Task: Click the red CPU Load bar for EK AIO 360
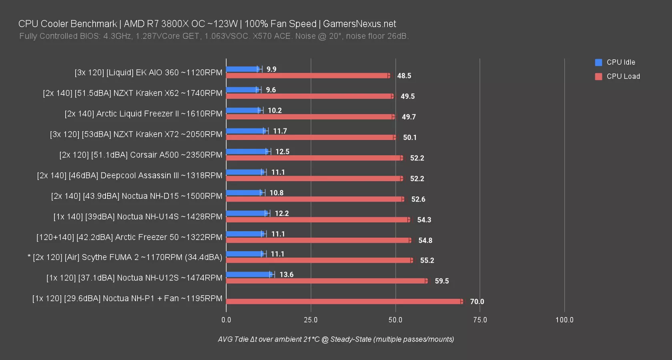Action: pyautogui.click(x=307, y=76)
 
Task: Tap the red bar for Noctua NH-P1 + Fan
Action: pyautogui.click(x=343, y=302)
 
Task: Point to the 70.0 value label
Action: pyautogui.click(x=477, y=302)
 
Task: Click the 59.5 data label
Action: pyautogui.click(x=441, y=281)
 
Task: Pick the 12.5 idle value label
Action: pyautogui.click(x=282, y=152)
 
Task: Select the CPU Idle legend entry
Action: pyautogui.click(x=620, y=62)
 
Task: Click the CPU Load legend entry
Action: pyautogui.click(x=623, y=76)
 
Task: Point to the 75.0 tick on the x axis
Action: pyautogui.click(x=480, y=320)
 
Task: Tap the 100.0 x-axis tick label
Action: pyautogui.click(x=564, y=320)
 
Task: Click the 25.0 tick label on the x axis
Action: pyautogui.click(x=311, y=320)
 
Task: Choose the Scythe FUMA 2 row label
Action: pyautogui.click(x=125, y=257)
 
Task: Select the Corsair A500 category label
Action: pyautogui.click(x=140, y=155)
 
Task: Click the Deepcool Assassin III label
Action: pyautogui.click(x=129, y=176)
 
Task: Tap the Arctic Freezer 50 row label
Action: pyautogui.click(x=129, y=237)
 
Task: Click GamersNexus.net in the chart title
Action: pyautogui.click(x=359, y=24)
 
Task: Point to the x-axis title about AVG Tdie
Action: pyautogui.click(x=336, y=339)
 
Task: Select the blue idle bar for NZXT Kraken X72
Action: pyautogui.click(x=245, y=131)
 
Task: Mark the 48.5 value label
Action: pyautogui.click(x=404, y=76)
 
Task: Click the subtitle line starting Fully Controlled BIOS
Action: pyautogui.click(x=214, y=36)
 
